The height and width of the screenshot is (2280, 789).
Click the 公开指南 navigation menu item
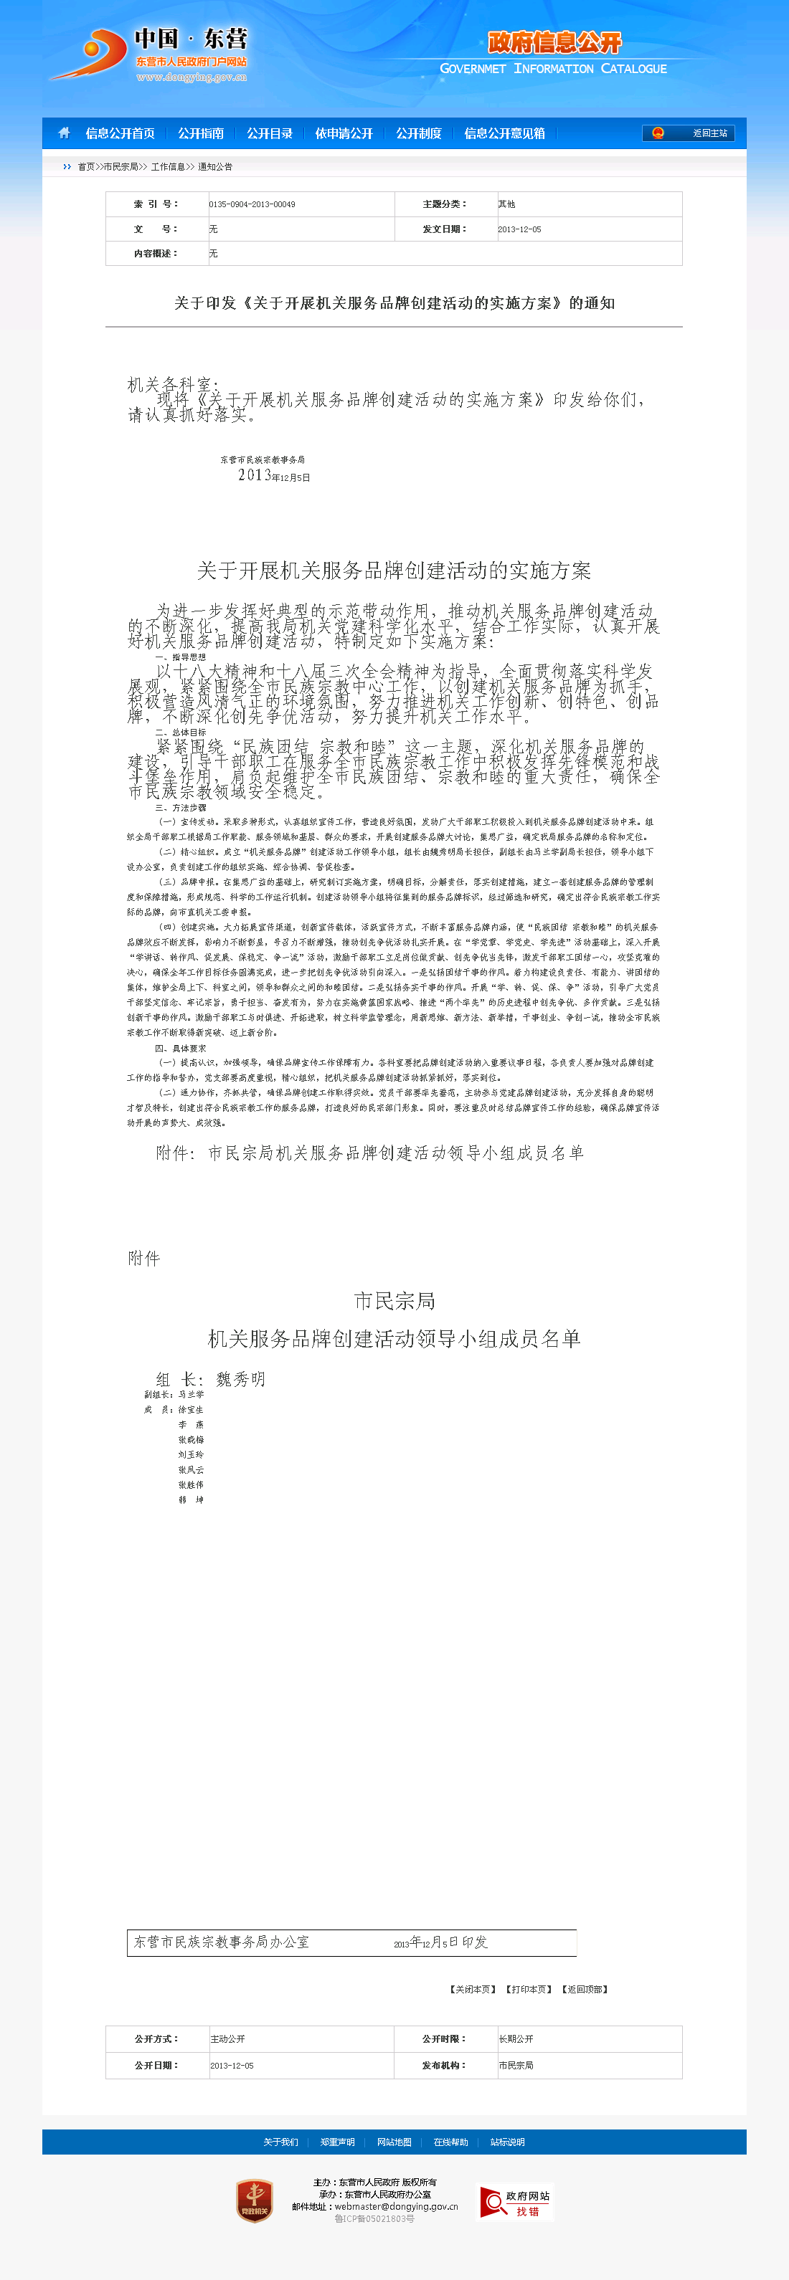(200, 133)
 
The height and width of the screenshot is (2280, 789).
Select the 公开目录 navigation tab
(269, 133)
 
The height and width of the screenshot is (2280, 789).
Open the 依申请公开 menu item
(344, 133)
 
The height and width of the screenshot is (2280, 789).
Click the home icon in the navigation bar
(64, 133)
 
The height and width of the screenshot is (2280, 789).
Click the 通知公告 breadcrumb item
(215, 166)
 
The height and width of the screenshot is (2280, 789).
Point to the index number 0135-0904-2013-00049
(252, 204)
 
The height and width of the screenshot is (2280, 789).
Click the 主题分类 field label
(445, 204)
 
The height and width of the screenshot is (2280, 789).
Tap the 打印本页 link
(529, 1990)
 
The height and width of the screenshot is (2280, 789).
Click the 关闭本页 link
(473, 1990)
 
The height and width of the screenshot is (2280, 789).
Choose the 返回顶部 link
(585, 1990)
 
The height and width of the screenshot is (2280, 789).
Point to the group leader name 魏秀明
(241, 1379)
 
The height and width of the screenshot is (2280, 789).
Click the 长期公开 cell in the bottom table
(516, 2039)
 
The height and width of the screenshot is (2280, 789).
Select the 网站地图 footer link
(394, 2142)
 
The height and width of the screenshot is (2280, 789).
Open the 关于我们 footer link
(280, 2142)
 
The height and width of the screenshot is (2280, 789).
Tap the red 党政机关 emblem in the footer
(254, 2200)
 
